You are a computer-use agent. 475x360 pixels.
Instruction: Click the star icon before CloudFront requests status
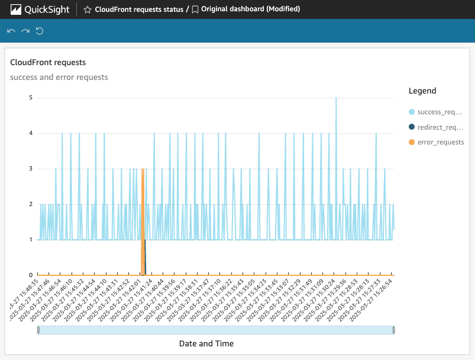[88, 9]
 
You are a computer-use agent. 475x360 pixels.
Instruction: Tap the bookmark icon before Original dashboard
[195, 9]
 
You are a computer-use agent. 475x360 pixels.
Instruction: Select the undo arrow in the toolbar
[11, 31]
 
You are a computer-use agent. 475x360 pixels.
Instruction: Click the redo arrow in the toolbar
[25, 31]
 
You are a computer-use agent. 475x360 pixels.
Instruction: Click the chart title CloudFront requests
[48, 62]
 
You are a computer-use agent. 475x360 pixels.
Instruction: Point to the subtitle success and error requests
[59, 77]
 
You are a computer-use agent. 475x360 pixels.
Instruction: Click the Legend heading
[422, 91]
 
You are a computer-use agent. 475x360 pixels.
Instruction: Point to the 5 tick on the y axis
[31, 98]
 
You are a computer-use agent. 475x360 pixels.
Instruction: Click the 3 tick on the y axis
[31, 169]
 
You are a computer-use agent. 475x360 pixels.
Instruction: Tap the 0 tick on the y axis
[31, 275]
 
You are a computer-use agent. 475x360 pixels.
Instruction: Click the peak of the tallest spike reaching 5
[336, 98]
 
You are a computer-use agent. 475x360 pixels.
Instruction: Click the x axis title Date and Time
[206, 343]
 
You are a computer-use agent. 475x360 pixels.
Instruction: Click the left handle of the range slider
[38, 330]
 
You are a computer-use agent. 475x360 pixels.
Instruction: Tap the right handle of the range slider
[394, 330]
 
